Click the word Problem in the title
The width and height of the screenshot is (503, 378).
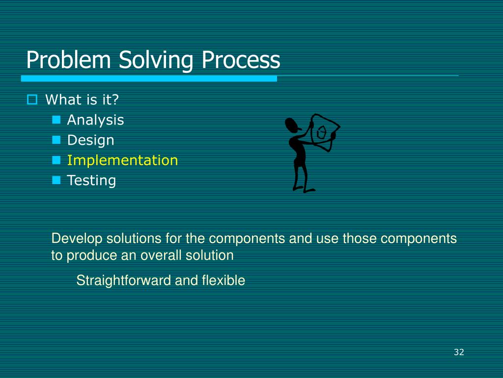[68, 60]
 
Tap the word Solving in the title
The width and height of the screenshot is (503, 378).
[156, 61]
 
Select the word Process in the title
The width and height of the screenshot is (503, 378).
[241, 60]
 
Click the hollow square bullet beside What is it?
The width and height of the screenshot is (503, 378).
[32, 99]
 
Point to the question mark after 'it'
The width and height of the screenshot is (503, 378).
[115, 99]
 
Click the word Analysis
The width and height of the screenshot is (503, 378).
[95, 120]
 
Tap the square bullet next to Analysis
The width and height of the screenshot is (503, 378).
[56, 120]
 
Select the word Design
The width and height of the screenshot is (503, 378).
[90, 140]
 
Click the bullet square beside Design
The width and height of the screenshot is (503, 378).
[56, 140]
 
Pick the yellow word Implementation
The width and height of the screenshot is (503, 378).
[122, 160]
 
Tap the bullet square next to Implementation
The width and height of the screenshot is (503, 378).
[56, 160]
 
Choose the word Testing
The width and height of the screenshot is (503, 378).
[91, 181]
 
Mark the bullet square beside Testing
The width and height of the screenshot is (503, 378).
[56, 180]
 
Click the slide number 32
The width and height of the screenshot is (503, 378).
[459, 352]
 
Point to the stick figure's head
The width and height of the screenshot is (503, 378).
[292, 126]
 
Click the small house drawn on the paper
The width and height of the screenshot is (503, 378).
[321, 132]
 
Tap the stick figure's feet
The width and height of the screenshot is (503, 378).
[304, 189]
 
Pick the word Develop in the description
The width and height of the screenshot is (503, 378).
[77, 239]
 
